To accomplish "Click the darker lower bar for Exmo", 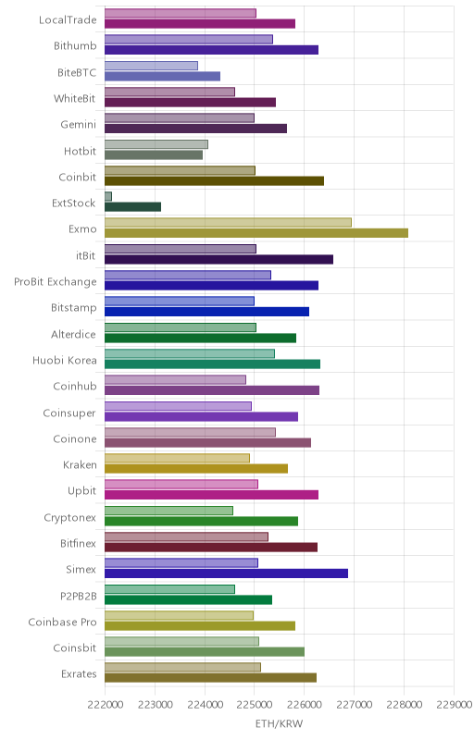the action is click(256, 233).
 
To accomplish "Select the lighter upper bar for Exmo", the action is click(228, 222).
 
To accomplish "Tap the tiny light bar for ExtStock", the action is click(108, 196).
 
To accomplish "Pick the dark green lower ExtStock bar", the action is click(132, 206).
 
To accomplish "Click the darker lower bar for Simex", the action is click(226, 573).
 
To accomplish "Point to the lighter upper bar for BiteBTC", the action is click(151, 66).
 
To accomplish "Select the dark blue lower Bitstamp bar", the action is click(206, 312).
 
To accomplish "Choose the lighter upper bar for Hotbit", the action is click(156, 144).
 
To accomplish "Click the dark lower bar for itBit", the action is click(219, 259).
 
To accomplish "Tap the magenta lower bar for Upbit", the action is click(211, 495).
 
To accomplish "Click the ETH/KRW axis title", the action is click(279, 723).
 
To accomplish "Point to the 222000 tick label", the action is click(106, 705).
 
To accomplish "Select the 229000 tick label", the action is click(455, 705).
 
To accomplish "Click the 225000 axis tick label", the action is click(255, 705).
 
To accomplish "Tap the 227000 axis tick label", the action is click(355, 705).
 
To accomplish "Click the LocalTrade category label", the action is click(68, 19).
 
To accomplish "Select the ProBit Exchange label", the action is click(56, 282).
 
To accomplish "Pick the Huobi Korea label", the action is click(64, 360).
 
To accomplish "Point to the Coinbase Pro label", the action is click(62, 622).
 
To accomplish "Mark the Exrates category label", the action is click(79, 674).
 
